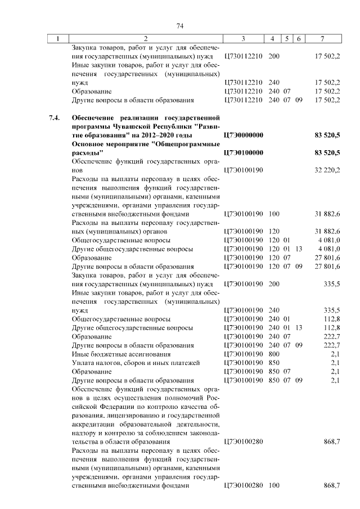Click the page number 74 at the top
point(181,26)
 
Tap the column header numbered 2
point(146,39)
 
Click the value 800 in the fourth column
point(274,354)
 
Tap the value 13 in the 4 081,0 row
point(299,249)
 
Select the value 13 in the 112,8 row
point(299,327)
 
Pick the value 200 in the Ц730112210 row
point(274,57)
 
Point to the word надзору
point(85,433)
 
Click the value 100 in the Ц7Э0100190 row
point(274,214)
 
